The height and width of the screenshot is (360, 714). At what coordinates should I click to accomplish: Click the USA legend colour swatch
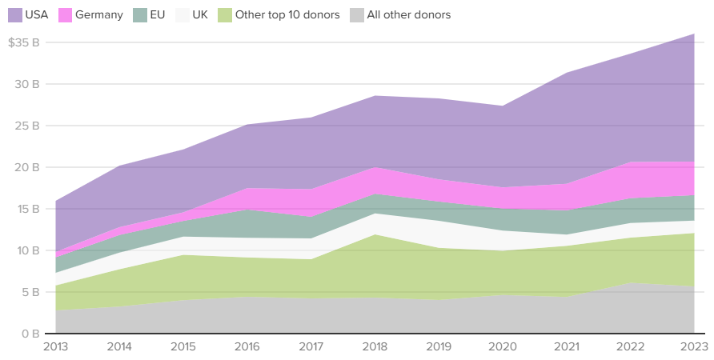pyautogui.click(x=14, y=15)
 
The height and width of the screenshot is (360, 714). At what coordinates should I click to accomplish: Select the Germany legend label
pyautogui.click(x=98, y=15)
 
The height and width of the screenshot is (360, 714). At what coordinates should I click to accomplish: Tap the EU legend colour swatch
pyautogui.click(x=139, y=15)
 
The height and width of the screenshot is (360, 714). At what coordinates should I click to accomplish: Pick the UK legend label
pyautogui.click(x=200, y=15)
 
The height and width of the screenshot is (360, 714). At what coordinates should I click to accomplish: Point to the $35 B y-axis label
pyautogui.click(x=24, y=42)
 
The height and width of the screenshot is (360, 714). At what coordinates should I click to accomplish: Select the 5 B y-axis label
pyautogui.click(x=30, y=292)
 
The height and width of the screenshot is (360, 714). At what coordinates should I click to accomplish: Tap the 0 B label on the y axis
pyautogui.click(x=30, y=334)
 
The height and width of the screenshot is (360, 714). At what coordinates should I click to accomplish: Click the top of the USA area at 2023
pyautogui.click(x=693, y=34)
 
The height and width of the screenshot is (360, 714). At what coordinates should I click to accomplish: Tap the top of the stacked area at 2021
pyautogui.click(x=566, y=73)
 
